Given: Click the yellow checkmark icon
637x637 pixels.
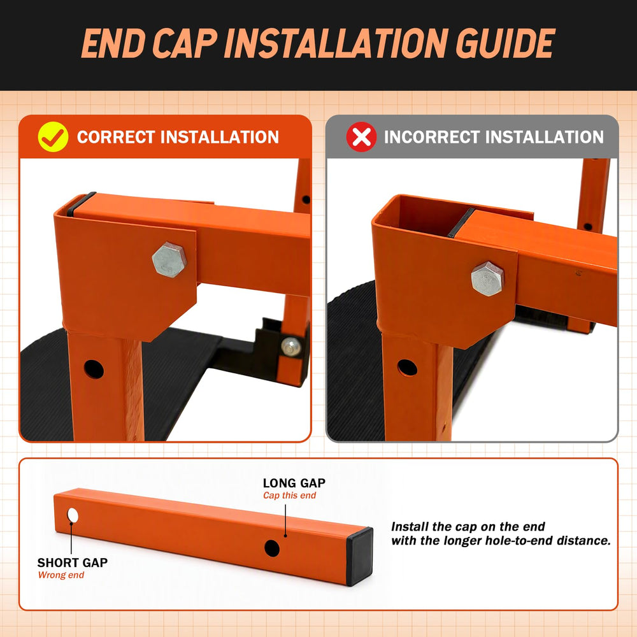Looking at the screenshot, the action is click(53, 137).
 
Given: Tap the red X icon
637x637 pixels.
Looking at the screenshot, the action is click(361, 137).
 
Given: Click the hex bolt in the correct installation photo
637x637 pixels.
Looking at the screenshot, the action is click(169, 260).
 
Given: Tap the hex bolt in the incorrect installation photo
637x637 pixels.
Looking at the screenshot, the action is click(487, 279).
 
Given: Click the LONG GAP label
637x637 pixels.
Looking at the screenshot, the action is click(294, 483).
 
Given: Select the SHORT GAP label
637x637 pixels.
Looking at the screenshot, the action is click(73, 562).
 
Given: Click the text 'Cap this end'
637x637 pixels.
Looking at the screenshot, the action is click(289, 495).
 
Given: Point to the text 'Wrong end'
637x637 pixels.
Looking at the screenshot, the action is click(61, 575).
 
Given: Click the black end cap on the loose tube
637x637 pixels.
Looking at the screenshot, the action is click(359, 557).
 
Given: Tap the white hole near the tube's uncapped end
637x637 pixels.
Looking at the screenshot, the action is click(73, 515).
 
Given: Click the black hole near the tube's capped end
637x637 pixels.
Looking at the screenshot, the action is click(272, 548).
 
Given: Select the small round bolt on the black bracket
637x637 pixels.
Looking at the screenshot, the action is click(291, 347).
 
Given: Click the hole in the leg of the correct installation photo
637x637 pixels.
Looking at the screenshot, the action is click(94, 369).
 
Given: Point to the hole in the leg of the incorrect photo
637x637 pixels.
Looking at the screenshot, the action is click(408, 368).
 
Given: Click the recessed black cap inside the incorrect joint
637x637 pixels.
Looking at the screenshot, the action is click(461, 222).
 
